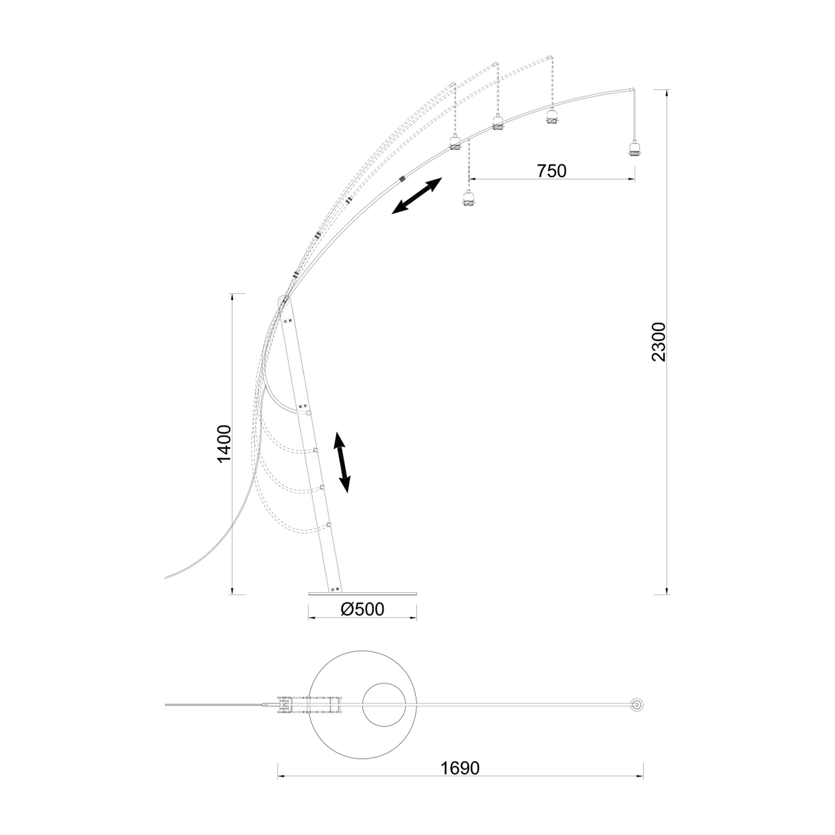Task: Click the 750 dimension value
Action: click(551, 171)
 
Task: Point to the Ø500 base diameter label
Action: click(362, 609)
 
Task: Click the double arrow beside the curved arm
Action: click(417, 196)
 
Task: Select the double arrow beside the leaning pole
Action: click(342, 462)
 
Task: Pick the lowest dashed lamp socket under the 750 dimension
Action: click(468, 198)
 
